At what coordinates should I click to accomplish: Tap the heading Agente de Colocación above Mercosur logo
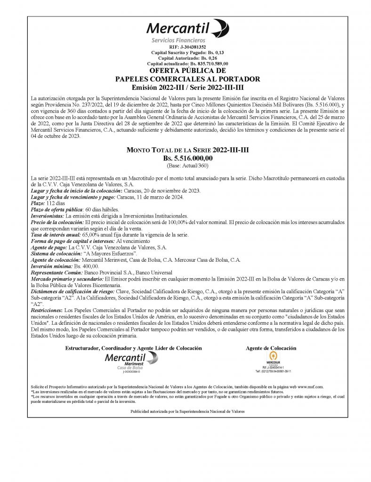coord(271,348)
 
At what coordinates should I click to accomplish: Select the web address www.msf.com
coord(310,386)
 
